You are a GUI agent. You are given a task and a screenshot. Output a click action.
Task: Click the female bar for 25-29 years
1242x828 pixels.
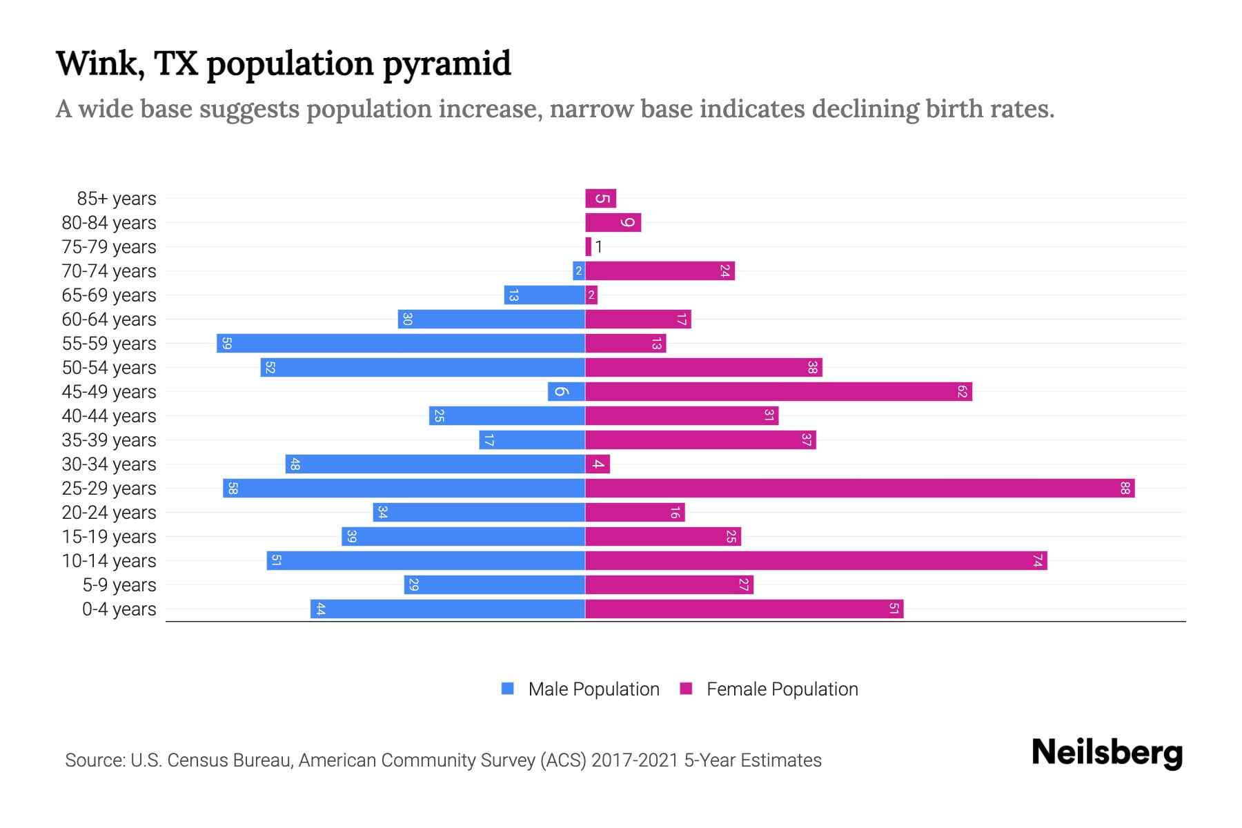coord(860,489)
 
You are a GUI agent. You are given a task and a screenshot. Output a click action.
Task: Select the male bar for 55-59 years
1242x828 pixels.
coord(400,344)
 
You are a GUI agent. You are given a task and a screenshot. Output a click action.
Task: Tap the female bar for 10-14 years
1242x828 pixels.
coord(816,561)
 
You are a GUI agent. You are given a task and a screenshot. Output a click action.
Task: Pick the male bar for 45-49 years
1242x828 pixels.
coord(566,392)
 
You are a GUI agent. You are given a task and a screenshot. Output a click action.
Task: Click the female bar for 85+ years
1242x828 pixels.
coord(600,199)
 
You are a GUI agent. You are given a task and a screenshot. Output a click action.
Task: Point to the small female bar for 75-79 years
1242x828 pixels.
coord(589,247)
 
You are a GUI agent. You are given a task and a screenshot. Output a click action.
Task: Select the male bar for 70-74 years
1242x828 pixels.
coord(579,271)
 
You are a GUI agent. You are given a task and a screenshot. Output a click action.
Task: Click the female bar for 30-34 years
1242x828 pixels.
coord(598,464)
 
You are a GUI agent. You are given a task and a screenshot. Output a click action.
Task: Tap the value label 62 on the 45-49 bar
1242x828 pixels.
coord(962,392)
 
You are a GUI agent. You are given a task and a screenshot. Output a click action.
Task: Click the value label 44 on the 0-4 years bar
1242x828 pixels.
coord(320,609)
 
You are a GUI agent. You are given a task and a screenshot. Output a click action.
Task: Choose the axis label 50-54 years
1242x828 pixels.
coord(109,368)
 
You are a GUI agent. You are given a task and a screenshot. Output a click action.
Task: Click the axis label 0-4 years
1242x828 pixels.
coord(119,609)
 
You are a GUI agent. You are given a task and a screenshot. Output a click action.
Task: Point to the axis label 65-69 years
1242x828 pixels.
coord(109,295)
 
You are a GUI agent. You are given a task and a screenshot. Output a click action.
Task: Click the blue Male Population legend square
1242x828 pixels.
coord(508,689)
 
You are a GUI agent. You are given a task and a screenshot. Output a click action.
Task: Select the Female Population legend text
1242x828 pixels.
coord(782,689)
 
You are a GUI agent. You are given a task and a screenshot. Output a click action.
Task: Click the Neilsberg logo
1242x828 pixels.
coord(1107,753)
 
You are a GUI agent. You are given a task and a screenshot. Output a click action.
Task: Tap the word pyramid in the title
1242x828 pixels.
coord(446,64)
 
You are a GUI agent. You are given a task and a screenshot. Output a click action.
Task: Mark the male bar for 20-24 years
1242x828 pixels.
coord(479,513)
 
